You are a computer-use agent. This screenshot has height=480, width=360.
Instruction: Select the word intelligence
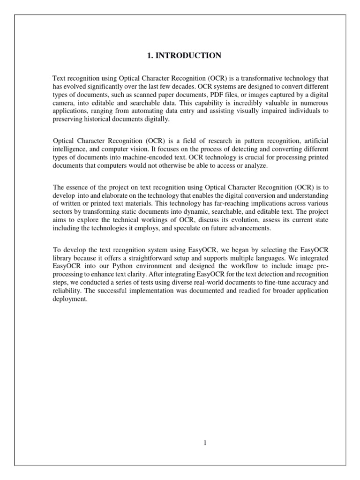(68, 149)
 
